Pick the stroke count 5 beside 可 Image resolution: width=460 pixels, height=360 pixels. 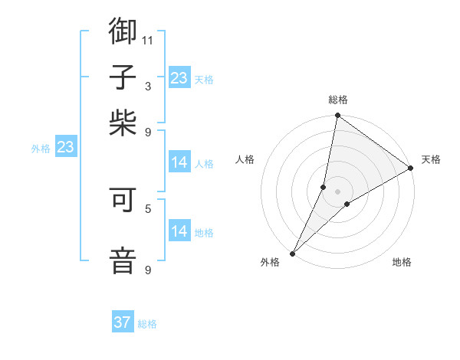[x=148, y=208]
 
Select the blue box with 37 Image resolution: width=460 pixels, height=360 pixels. [x=123, y=322]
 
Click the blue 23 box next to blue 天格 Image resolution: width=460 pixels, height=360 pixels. [x=179, y=78]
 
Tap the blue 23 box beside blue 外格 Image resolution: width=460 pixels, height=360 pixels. [x=65, y=147]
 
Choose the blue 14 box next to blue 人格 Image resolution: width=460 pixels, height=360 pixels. [x=179, y=162]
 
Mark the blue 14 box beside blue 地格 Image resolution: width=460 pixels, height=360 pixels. [x=179, y=231]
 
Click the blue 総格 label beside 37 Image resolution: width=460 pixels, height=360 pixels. [x=147, y=324]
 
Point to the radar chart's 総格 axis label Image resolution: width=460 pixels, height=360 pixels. [x=338, y=100]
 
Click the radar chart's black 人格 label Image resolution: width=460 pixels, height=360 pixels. [x=245, y=159]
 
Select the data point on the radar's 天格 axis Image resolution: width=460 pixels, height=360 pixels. [x=411, y=169]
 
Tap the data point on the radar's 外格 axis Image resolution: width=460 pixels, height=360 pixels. [x=292, y=253]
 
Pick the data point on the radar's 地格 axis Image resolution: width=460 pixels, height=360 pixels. [x=347, y=204]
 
